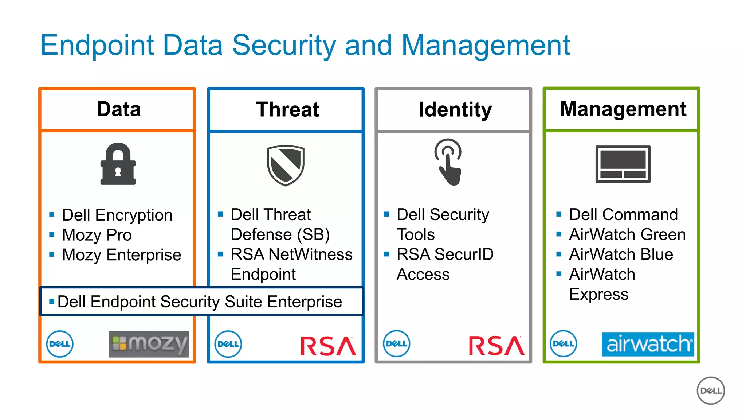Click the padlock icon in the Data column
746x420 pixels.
[118, 164]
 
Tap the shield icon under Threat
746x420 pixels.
[286, 165]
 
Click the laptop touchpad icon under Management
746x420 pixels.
[623, 164]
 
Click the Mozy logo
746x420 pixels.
[149, 344]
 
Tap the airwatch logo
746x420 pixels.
[648, 344]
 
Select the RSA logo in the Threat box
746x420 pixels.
[328, 346]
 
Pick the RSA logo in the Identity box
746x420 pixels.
[496, 346]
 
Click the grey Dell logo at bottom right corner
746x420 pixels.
[711, 390]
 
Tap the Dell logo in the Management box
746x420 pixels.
[563, 343]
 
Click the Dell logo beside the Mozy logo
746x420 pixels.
[60, 344]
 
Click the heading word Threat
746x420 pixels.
[287, 109]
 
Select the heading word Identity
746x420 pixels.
[455, 109]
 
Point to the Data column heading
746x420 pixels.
[119, 109]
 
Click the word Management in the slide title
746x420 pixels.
[486, 45]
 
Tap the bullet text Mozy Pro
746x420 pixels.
[97, 235]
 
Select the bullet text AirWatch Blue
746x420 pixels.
[621, 254]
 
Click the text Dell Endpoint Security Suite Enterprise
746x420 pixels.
[200, 302]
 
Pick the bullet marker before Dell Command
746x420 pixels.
[559, 214]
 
